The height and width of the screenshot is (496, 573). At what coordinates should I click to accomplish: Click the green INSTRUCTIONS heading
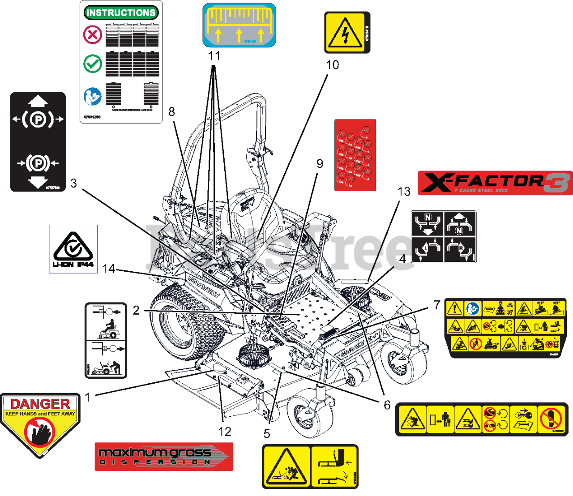click(x=121, y=13)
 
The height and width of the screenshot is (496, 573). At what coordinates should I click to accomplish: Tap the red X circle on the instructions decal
click(x=93, y=34)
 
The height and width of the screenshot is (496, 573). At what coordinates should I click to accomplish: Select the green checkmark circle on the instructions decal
click(x=93, y=64)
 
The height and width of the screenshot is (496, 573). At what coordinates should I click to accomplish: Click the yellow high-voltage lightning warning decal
click(x=345, y=33)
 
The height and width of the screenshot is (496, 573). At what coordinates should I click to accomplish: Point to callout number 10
click(x=332, y=65)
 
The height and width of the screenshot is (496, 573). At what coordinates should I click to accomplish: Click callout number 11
click(x=214, y=56)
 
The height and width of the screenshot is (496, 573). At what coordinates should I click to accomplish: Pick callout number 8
click(x=171, y=112)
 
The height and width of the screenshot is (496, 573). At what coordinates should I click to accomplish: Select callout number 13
click(x=404, y=192)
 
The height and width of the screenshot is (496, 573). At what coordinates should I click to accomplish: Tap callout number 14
click(x=109, y=269)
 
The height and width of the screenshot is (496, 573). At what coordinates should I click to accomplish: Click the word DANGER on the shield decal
click(x=40, y=404)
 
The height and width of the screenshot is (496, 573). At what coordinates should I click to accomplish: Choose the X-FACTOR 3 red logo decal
click(x=495, y=183)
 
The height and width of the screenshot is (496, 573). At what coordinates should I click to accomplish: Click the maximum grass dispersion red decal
click(x=164, y=457)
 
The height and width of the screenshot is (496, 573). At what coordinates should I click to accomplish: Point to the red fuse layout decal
click(x=355, y=155)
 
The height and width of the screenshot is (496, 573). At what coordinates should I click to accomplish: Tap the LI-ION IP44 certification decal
click(x=73, y=249)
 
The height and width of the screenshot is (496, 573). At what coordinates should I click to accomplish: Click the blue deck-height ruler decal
click(x=239, y=25)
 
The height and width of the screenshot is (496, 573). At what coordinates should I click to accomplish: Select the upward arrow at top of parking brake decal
click(x=38, y=100)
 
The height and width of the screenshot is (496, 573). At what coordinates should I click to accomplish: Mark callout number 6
click(x=387, y=405)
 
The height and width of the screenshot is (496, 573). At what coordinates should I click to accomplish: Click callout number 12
click(x=225, y=432)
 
